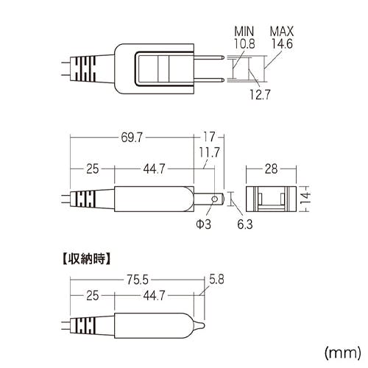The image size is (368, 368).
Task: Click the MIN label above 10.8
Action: tap(244, 32)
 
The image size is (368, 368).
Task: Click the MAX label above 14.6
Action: tap(282, 32)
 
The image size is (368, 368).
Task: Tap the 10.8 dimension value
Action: tap(244, 43)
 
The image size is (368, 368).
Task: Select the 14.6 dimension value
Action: tap(282, 43)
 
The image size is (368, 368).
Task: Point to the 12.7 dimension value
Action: tap(260, 94)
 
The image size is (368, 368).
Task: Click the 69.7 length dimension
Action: tap(132, 138)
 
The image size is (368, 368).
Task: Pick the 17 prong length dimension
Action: tap(209, 137)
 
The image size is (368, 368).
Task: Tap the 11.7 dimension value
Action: tap(209, 152)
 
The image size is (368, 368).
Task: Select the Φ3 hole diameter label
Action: tap(204, 224)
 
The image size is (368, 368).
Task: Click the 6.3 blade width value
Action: tap(245, 224)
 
